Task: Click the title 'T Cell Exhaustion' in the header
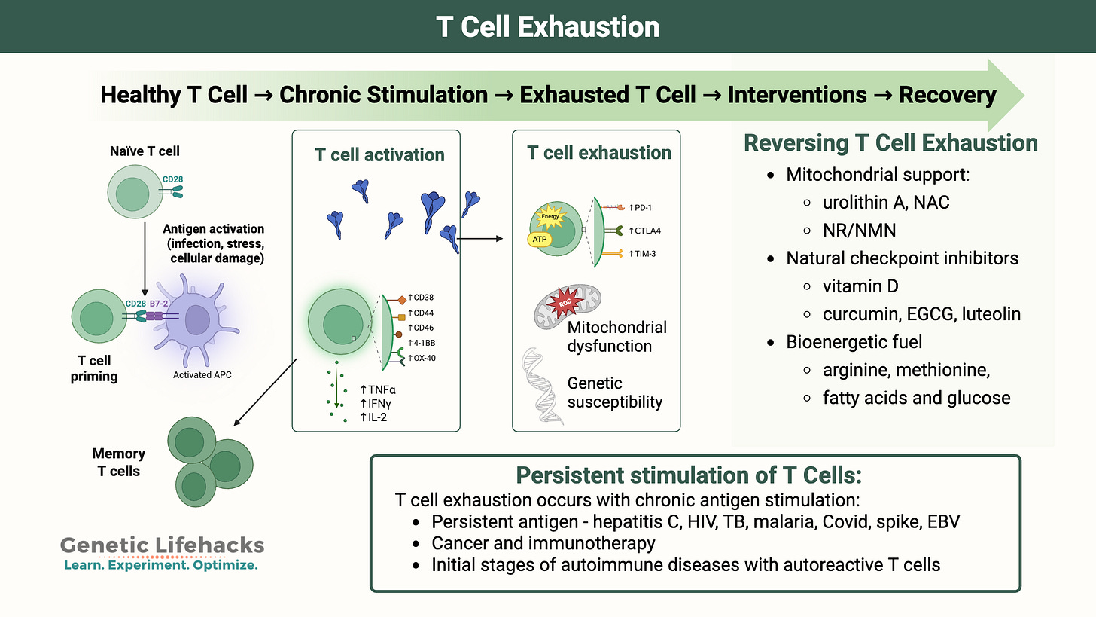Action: pos(547,26)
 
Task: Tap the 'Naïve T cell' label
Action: pos(143,151)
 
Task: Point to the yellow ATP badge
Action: pos(540,239)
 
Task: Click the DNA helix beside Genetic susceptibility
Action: pos(543,384)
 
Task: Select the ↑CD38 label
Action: pos(421,297)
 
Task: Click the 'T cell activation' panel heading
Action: pos(379,154)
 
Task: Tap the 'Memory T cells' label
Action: pos(118,462)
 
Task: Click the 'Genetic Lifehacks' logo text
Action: pos(161,545)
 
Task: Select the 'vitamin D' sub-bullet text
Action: pos(860,286)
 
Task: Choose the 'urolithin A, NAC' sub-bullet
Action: pos(886,202)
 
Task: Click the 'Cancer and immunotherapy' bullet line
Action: pos(543,542)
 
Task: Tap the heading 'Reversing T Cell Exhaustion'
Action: pos(890,143)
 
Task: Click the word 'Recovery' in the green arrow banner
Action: pos(947,96)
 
